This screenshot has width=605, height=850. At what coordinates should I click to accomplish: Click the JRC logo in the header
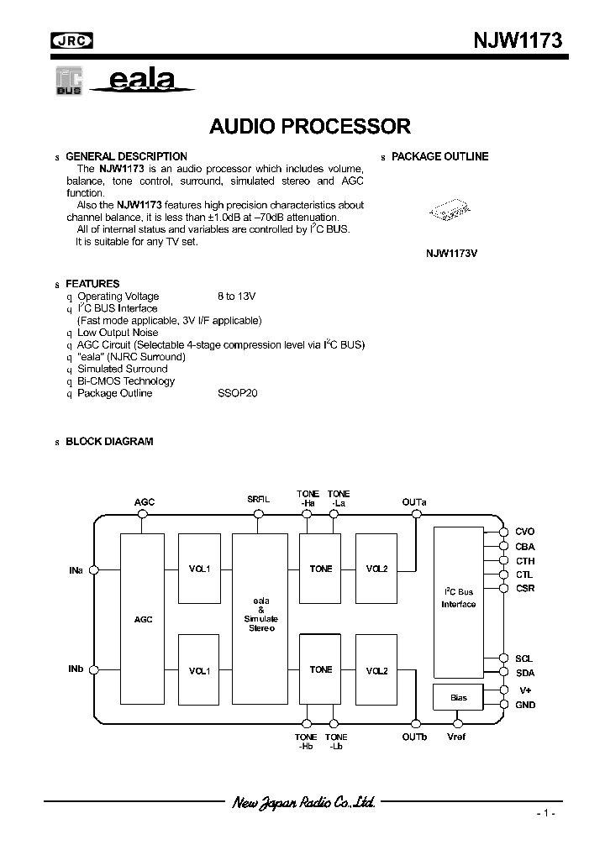coord(72,39)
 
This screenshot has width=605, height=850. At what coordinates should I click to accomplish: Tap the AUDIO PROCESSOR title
coord(310,127)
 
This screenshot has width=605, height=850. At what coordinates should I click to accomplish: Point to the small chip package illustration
coord(446,211)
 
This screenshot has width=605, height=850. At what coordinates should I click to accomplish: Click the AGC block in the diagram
coord(143,619)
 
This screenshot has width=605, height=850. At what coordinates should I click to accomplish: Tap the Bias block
coord(458,697)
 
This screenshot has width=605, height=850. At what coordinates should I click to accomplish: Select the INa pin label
coord(76,570)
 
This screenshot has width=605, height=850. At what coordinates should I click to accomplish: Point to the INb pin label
coord(76,669)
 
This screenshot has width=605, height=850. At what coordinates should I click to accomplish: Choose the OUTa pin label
coord(414,502)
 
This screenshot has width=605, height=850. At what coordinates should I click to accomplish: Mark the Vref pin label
coord(456,737)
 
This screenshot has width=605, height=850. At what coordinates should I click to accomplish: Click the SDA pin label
coord(524,672)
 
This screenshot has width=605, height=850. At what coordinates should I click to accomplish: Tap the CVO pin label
coord(524,532)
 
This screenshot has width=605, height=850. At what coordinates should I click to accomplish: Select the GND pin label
coord(525,705)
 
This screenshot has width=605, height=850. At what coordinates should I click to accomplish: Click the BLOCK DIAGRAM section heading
coord(109,441)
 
